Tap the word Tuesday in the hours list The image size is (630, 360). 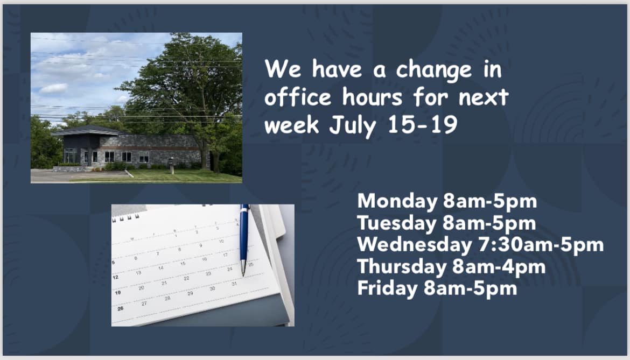(396, 223)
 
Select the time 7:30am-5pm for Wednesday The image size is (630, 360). (541, 245)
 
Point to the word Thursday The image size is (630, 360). (402, 266)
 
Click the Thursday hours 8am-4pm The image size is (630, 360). (499, 267)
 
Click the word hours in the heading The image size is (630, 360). (372, 97)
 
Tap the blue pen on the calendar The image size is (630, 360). (244, 240)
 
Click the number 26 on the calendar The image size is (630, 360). (120, 309)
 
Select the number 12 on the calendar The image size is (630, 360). (115, 277)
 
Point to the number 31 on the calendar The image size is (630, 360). (234, 284)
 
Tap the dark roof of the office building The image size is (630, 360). (89, 130)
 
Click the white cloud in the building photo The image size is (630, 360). (53, 88)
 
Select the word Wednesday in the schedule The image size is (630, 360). (415, 245)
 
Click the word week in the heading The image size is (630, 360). (292, 124)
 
